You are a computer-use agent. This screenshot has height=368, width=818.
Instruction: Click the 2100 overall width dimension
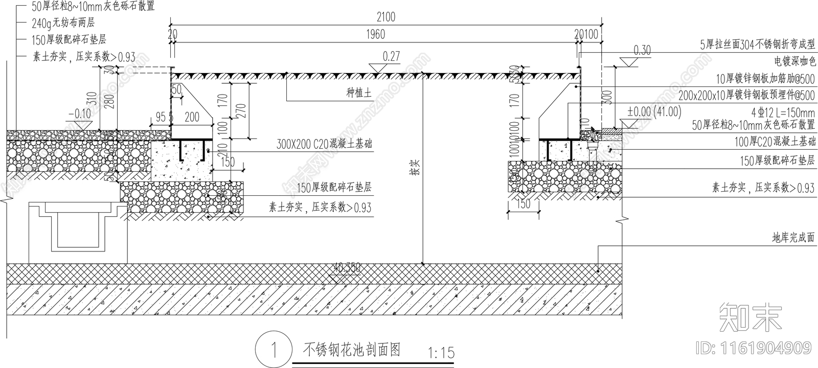385,17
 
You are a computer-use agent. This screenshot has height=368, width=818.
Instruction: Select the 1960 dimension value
375,35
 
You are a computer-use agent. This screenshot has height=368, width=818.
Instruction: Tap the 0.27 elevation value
391,56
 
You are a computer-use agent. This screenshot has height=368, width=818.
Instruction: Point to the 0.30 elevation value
642,50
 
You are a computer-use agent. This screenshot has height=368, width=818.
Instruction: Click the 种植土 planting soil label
359,93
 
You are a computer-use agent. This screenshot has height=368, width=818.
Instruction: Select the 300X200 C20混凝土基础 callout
324,144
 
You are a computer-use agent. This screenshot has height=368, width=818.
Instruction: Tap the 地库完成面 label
793,238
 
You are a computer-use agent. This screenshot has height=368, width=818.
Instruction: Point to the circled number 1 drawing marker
274,350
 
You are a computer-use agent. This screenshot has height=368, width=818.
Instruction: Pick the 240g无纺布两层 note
63,23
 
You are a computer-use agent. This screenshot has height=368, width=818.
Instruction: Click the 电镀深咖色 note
794,62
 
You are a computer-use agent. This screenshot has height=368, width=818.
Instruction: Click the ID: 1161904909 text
754,348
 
